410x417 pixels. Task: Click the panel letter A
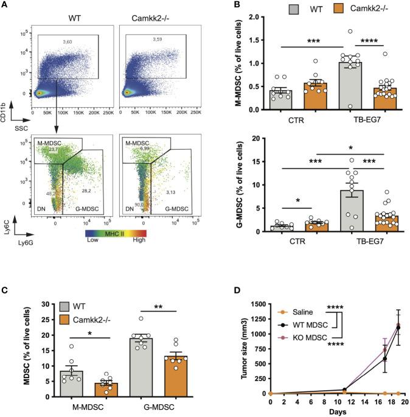pyautogui.click(x=5, y=5)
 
